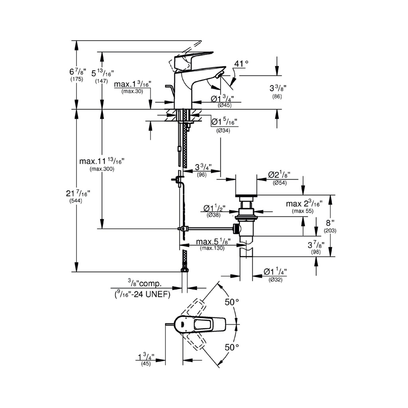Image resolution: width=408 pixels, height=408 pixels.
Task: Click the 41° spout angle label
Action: [x=241, y=63]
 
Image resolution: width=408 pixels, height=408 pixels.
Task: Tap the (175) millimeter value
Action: [x=76, y=79]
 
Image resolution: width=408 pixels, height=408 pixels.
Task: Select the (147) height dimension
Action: [x=101, y=81]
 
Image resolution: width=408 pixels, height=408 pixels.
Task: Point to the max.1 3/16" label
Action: [x=132, y=84]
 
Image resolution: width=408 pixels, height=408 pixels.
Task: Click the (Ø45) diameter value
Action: [x=225, y=105]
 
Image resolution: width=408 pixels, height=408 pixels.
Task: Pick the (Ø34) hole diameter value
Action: [x=223, y=131]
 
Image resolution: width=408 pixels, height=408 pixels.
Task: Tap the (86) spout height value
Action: [x=277, y=96]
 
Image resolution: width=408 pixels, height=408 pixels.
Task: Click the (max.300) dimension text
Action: [x=102, y=169]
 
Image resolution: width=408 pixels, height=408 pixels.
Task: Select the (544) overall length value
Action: [x=75, y=201]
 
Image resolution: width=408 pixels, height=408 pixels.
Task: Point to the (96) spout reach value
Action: [x=202, y=175]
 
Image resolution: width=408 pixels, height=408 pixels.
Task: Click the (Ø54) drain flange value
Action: [x=280, y=183]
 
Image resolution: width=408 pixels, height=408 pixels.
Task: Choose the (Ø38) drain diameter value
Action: [x=214, y=215]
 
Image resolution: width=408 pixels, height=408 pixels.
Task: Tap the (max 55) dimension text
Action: [x=303, y=211]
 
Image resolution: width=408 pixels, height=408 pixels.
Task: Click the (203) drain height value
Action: [x=330, y=231]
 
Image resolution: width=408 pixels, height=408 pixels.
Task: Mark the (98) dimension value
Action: [x=316, y=252]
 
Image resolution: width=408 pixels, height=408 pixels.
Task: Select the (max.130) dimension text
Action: [x=212, y=248]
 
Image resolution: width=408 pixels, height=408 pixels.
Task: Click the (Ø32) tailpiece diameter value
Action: [x=275, y=280]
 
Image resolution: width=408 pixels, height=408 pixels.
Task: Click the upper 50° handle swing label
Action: [x=232, y=302]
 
